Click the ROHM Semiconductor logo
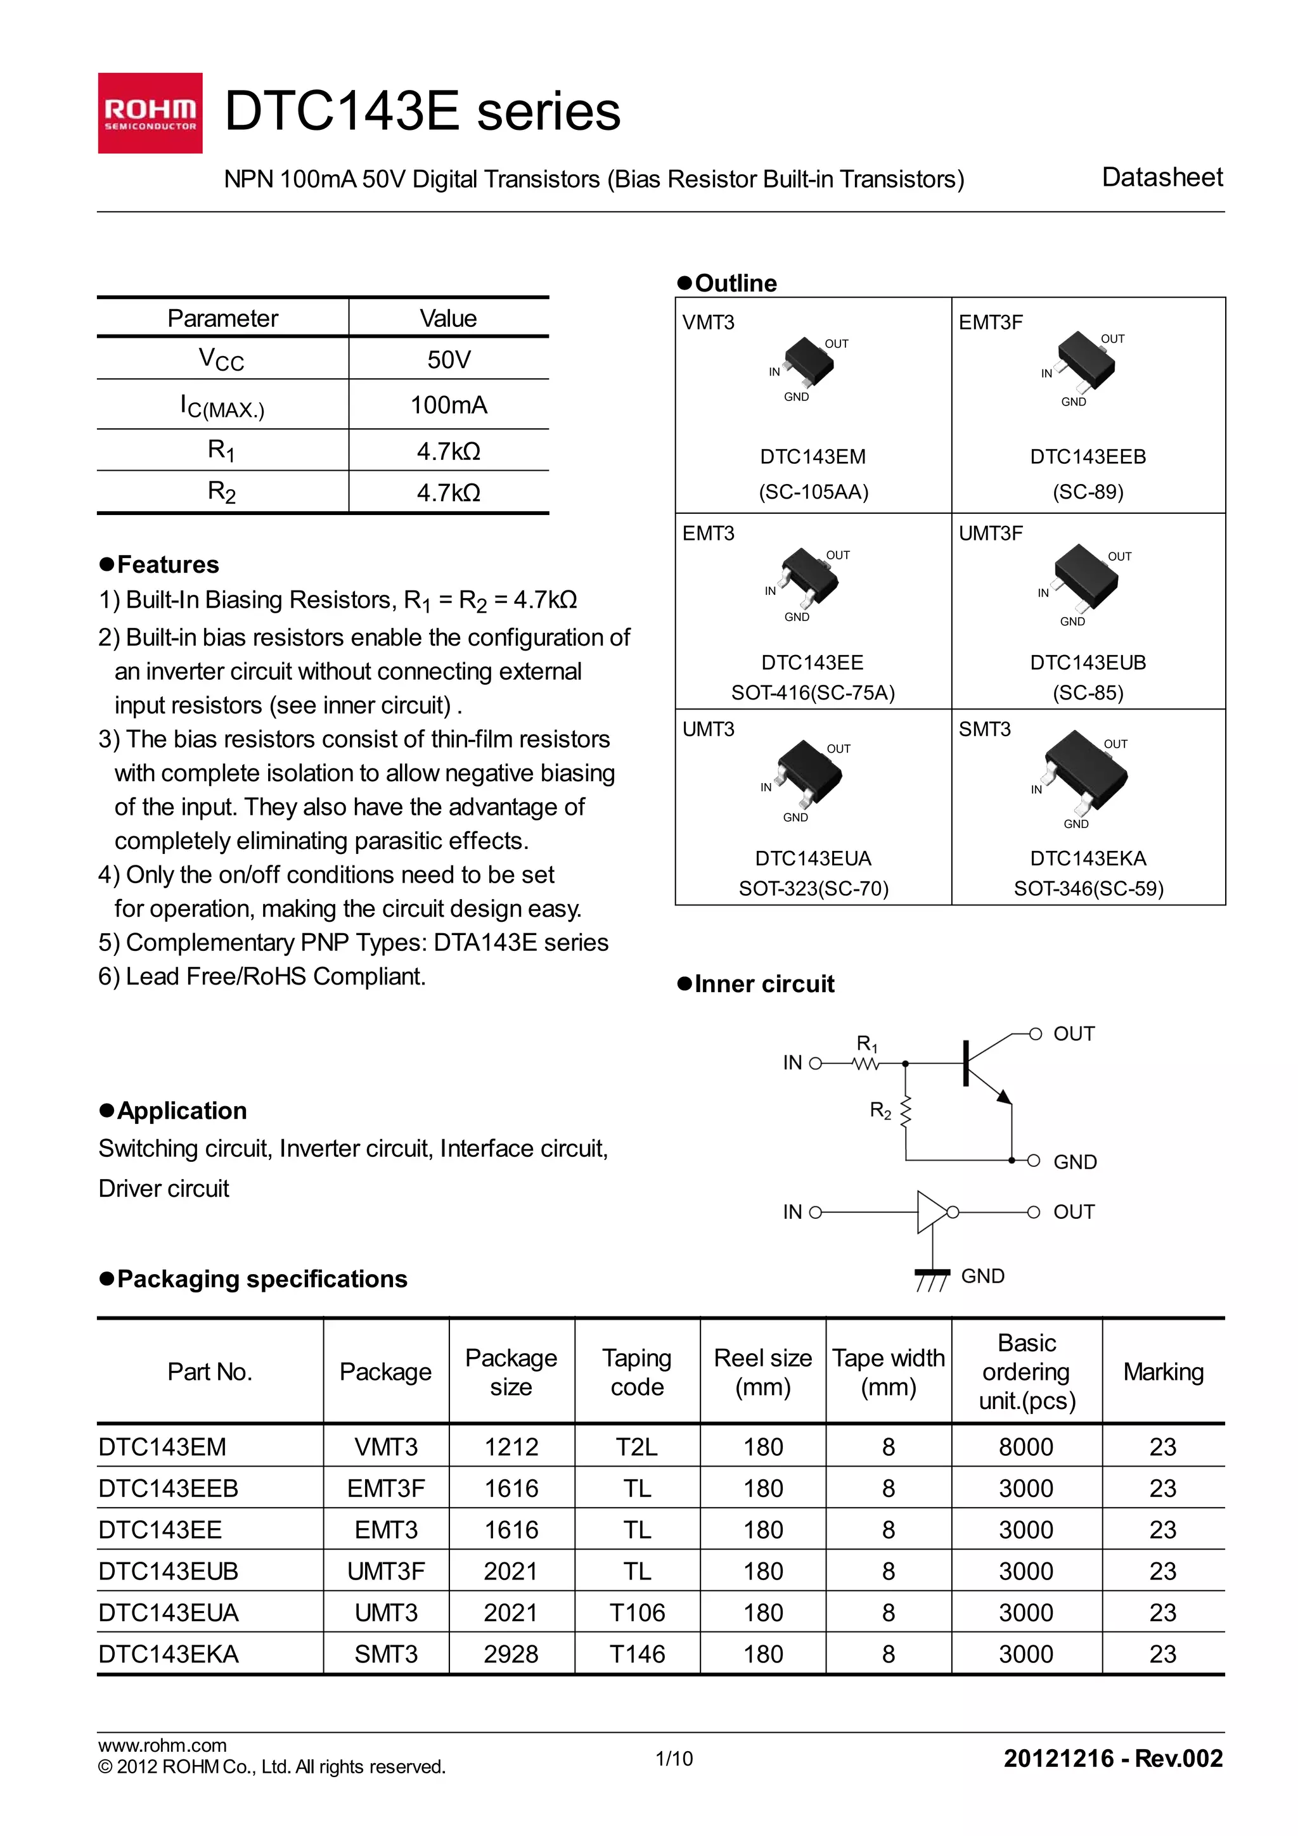[150, 113]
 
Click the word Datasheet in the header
[1161, 177]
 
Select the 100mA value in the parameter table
[448, 405]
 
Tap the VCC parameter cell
[222, 359]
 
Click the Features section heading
[167, 564]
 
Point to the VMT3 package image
[809, 362]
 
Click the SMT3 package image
[1085, 771]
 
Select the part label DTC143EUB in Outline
[1088, 662]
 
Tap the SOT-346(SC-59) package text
[1088, 888]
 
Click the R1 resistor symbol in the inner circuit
[866, 1064]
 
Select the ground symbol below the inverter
[932, 1278]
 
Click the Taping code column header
[636, 1372]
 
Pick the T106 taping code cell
[636, 1612]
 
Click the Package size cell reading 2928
[511, 1654]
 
